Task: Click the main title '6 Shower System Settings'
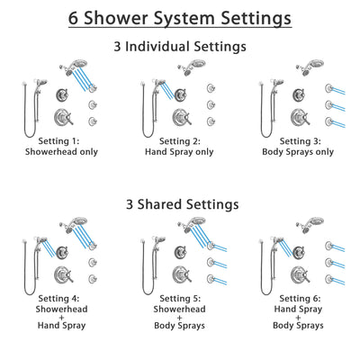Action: [180, 18]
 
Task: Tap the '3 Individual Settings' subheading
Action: [180, 46]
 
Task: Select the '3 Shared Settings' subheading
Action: [180, 204]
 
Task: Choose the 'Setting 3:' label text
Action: [300, 141]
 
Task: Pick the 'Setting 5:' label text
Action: [180, 298]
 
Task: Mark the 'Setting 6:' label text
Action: [300, 298]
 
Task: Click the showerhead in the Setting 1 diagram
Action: [68, 67]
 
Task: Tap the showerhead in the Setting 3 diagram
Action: [310, 67]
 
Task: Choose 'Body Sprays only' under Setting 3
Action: [300, 152]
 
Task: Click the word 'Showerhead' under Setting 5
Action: [180, 309]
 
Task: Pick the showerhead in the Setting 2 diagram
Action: [190, 67]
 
